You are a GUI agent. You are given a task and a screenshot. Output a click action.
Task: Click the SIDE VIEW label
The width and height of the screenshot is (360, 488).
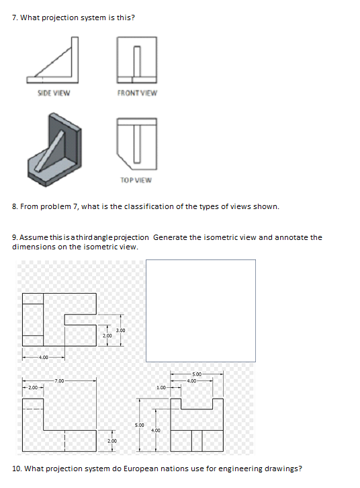54,93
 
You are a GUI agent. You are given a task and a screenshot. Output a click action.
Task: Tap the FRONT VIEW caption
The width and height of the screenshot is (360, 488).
137,93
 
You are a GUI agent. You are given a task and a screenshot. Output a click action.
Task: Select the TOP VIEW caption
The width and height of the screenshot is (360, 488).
136,179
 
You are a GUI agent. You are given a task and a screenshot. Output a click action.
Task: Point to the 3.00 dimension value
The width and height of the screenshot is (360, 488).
121,330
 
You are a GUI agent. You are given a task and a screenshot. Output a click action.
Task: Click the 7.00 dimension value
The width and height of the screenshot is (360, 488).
60,380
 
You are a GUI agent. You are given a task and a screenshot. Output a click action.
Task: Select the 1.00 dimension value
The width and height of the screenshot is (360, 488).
161,387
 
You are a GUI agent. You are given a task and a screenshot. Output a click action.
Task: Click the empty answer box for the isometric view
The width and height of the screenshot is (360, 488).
200,310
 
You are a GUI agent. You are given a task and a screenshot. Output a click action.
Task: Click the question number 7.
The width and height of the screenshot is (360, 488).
15,17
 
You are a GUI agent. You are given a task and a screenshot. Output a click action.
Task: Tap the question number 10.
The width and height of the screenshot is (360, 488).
17,469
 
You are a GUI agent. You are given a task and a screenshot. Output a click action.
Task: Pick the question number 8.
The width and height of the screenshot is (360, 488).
15,206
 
